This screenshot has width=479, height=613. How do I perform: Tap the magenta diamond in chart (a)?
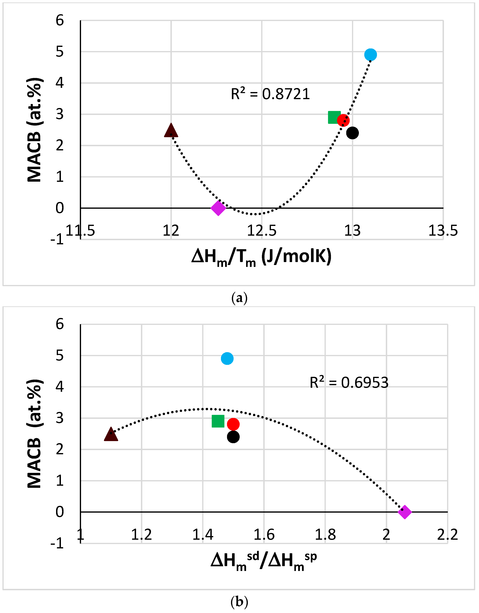(x=218, y=208)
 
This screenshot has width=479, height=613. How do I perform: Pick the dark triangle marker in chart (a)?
(x=171, y=131)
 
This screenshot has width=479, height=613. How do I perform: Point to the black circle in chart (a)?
(x=352, y=133)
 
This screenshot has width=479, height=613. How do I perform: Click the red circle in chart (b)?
(x=233, y=424)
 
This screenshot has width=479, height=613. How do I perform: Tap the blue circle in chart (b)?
(x=227, y=358)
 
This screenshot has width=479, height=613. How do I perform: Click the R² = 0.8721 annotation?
(x=270, y=94)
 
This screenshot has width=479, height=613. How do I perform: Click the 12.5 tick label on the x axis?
(x=262, y=231)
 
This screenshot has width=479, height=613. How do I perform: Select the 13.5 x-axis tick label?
(x=443, y=231)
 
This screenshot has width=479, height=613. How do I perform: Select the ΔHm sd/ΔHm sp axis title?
(x=264, y=562)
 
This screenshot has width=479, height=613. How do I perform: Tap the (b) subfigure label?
(x=239, y=602)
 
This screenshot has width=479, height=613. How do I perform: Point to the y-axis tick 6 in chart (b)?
(x=60, y=324)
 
